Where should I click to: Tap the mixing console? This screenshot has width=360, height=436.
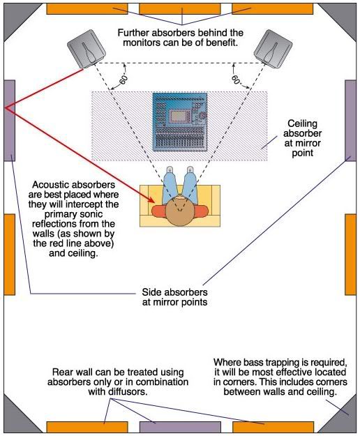[180, 123]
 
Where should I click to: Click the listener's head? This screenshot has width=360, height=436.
[181, 209]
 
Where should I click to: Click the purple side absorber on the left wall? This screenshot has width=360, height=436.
[9, 120]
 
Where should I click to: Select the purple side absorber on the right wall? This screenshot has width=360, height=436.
[351, 120]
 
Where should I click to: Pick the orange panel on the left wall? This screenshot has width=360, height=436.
[9, 254]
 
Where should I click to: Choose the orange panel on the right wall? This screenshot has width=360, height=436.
[351, 254]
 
